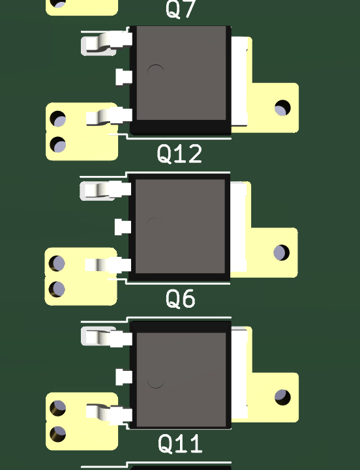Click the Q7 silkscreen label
click(x=181, y=9)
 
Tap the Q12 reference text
click(x=179, y=154)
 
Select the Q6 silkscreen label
click(x=180, y=299)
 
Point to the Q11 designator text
click(x=180, y=443)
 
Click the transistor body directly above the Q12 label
click(x=180, y=80)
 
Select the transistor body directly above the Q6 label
click(x=179, y=227)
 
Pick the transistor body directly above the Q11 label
click(x=180, y=375)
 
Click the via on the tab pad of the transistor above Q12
click(x=282, y=108)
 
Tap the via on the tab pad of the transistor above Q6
click(x=281, y=253)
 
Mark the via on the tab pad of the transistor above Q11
click(x=282, y=398)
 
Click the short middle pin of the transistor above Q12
click(x=124, y=77)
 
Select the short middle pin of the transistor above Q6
click(x=123, y=227)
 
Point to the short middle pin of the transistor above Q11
click(x=124, y=377)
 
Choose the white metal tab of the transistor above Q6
click(x=239, y=227)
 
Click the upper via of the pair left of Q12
click(x=57, y=119)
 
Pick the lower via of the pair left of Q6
click(x=57, y=289)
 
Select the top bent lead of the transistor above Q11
click(x=106, y=337)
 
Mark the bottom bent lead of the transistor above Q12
click(x=109, y=116)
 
